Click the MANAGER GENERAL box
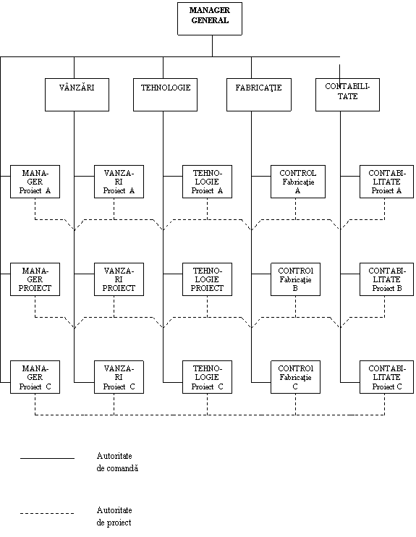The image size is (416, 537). click(x=210, y=19)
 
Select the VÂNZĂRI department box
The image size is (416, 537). click(x=77, y=95)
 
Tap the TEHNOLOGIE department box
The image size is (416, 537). click(x=166, y=95)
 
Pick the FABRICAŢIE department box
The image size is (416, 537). click(x=259, y=95)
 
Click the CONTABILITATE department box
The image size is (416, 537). click(x=347, y=95)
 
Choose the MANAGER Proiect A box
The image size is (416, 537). click(x=35, y=182)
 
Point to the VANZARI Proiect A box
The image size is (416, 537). click(x=119, y=182)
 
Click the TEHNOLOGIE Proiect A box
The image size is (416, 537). click(x=207, y=182)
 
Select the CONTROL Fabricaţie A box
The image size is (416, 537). click(x=298, y=182)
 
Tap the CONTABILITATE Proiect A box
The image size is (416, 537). click(x=386, y=182)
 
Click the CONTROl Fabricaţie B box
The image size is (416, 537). click(x=295, y=279)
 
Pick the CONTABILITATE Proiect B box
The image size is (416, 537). click(x=386, y=279)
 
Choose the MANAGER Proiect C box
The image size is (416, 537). click(x=35, y=377)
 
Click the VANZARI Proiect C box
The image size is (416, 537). click(x=119, y=377)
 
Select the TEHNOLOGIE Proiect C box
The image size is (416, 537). click(x=207, y=377)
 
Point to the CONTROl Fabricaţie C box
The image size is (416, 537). click(x=295, y=377)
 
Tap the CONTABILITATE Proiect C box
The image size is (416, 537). click(x=386, y=377)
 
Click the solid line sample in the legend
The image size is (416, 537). click(x=47, y=458)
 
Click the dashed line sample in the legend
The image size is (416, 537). click(x=47, y=513)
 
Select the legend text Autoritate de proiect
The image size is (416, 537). click(x=114, y=516)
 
